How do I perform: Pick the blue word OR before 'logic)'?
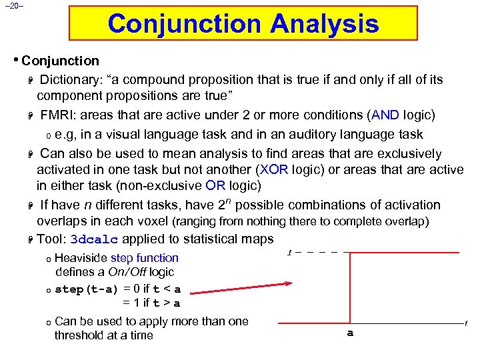click(x=215, y=185)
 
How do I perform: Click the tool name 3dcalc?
click(x=94, y=239)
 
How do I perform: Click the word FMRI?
click(x=55, y=115)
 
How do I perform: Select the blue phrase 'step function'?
click(x=145, y=258)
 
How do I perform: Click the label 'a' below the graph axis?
click(x=350, y=332)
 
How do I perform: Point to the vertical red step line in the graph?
click(x=351, y=287)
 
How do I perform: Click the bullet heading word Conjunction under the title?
click(x=60, y=61)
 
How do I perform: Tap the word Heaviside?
click(x=81, y=258)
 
